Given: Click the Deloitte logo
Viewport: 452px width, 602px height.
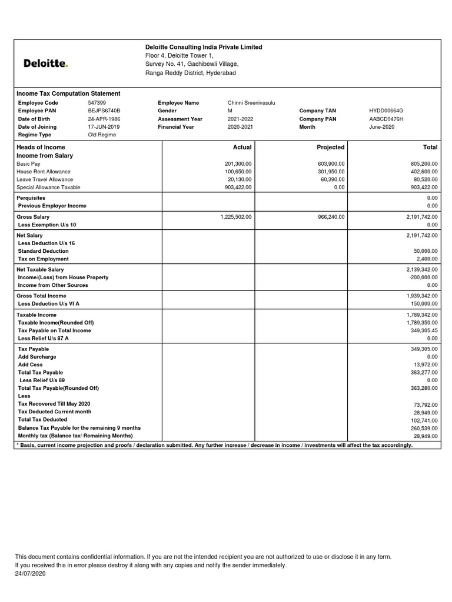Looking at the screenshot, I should pos(45,63).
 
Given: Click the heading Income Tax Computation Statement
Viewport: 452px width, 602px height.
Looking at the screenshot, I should pos(68,93).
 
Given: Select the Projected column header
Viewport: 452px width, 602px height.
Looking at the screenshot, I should pos(331,147).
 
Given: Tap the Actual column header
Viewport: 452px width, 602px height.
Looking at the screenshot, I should pos(242,147).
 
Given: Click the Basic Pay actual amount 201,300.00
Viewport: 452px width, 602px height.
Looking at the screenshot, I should pos(238,163).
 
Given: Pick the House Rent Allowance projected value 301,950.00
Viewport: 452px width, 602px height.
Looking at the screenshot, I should pos(331,172).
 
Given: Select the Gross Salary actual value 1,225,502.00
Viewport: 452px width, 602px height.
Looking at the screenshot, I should pos(236,217).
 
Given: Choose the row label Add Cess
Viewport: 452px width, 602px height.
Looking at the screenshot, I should pos(31,364).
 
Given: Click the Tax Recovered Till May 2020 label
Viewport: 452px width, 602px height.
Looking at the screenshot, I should pos(54,404).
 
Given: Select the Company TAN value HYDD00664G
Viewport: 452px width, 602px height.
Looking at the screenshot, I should pos(386,111).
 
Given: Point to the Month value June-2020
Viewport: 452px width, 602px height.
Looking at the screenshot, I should pos(383,127).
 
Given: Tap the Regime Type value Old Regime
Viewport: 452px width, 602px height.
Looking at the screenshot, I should pos(102,135).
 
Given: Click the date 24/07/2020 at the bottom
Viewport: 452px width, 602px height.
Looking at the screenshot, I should pos(30,573).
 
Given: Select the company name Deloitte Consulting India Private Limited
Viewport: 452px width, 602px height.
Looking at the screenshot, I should pos(204,47).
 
